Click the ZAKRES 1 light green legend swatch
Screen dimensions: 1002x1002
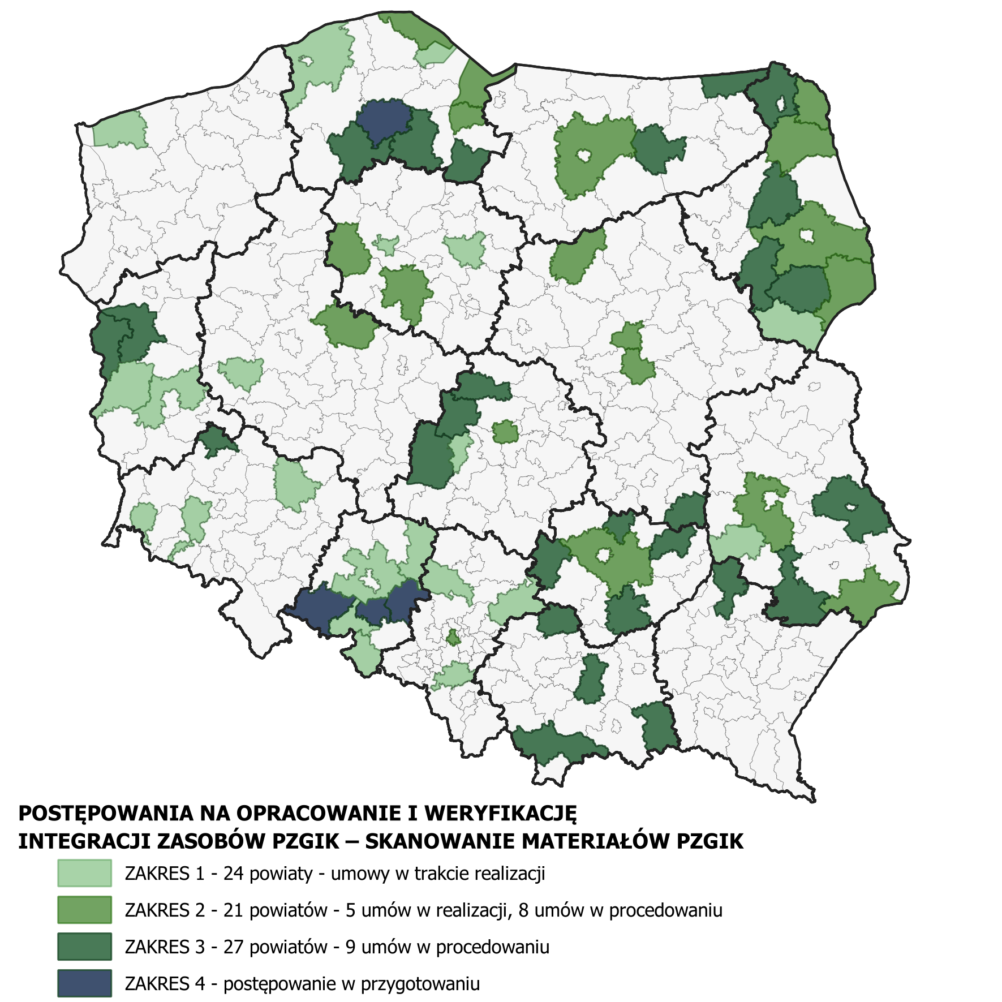(84, 873)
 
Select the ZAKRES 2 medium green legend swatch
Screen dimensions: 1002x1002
(84, 910)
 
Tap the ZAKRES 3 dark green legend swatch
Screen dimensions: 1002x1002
(84, 947)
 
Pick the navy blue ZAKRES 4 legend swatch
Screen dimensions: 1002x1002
(84, 983)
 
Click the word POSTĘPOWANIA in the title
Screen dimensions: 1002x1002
(107, 814)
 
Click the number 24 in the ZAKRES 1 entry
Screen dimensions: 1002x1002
(233, 874)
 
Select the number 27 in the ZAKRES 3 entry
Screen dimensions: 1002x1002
(233, 947)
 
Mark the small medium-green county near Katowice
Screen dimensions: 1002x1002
(453, 638)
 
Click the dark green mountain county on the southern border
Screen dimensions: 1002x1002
(557, 743)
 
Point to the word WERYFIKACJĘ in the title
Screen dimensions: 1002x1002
(501, 814)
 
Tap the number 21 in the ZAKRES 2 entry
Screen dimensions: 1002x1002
(233, 910)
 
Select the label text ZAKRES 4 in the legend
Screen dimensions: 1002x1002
(165, 984)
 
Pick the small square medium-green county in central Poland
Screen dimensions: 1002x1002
(505, 432)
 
